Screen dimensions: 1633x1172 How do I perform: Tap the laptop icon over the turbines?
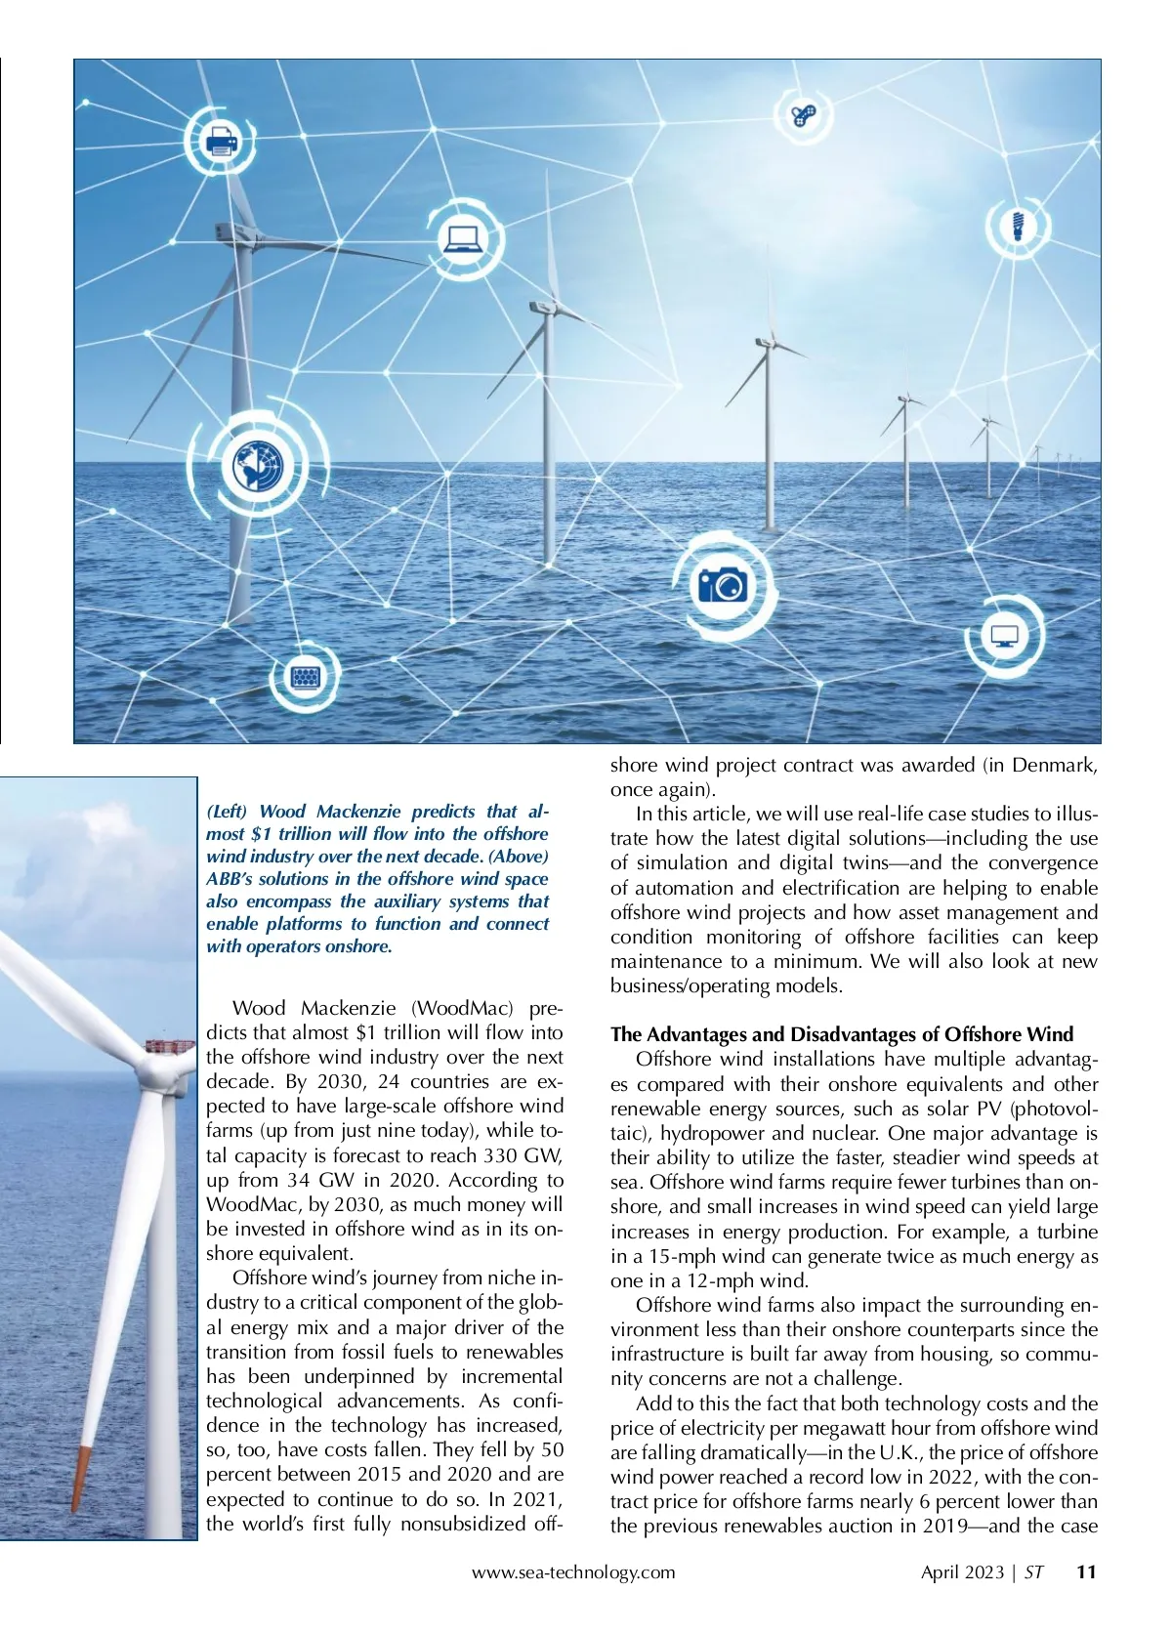462,237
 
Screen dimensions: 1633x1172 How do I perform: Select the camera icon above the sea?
723,584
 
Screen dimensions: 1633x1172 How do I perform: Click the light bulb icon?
1018,226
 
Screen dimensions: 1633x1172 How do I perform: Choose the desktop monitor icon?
1004,637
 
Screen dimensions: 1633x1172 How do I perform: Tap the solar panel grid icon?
306,676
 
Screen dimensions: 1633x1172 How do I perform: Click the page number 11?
1086,1571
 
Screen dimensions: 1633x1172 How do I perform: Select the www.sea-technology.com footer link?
573,1571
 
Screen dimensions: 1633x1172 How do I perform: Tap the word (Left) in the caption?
227,812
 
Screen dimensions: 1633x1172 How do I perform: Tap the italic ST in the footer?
1033,1571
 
